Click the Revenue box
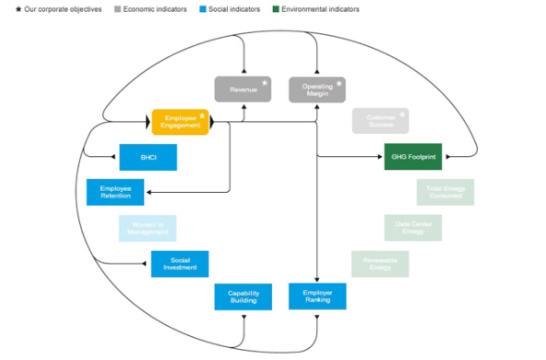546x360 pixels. (x=243, y=90)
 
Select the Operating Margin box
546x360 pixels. (x=317, y=90)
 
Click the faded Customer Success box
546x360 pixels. (x=380, y=121)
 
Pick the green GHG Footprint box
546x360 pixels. (x=412, y=158)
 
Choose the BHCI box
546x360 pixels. (x=148, y=158)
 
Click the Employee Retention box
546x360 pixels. (x=115, y=192)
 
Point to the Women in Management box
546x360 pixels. (x=148, y=228)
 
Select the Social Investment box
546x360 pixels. (x=180, y=264)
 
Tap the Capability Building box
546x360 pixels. (x=243, y=297)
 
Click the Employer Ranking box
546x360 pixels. (x=317, y=297)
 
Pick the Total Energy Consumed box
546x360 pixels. (x=445, y=192)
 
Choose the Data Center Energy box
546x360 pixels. (x=412, y=228)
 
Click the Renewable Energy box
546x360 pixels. (x=380, y=264)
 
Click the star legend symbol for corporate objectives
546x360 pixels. (x=18, y=9)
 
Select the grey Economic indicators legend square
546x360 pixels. (x=117, y=9)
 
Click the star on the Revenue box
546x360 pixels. (x=265, y=83)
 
